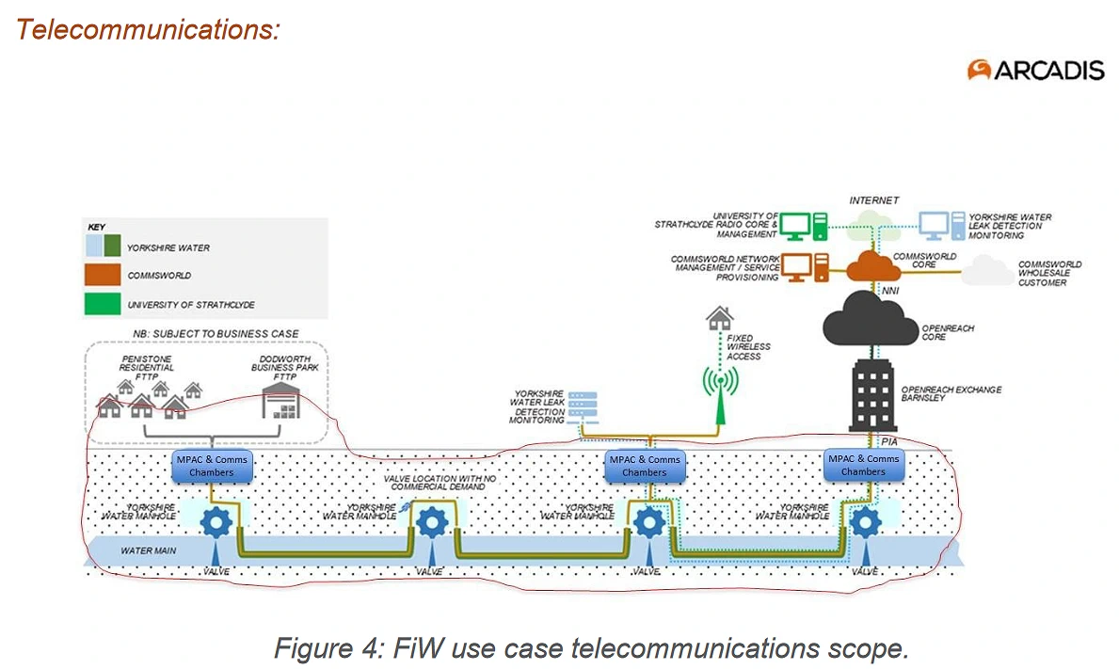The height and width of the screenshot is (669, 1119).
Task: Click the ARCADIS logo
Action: (x=1035, y=70)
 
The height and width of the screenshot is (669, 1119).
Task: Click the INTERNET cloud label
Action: (x=874, y=200)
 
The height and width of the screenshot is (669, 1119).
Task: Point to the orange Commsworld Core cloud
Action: (x=874, y=265)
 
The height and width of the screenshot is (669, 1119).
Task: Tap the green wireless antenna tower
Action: (x=718, y=395)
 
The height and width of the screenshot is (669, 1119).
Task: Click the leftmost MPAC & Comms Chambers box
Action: (x=212, y=465)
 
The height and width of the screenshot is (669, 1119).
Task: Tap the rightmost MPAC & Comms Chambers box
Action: (x=863, y=465)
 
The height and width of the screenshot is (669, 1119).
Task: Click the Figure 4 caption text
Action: (x=590, y=647)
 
